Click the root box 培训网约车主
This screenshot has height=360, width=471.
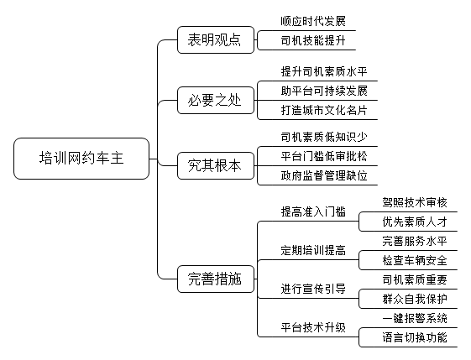click(x=81, y=159)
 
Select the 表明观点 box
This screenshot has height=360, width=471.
click(x=216, y=40)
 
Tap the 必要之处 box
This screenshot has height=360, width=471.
click(x=216, y=101)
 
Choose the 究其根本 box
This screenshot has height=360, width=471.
click(x=216, y=166)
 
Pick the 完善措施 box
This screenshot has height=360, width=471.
click(x=216, y=279)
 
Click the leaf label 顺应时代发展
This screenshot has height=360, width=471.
click(x=313, y=21)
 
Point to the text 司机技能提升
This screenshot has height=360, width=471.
click(x=313, y=40)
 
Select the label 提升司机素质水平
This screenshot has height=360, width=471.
click(x=324, y=71)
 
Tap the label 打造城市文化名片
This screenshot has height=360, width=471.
click(x=324, y=110)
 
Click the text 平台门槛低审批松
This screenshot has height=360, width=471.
click(x=324, y=156)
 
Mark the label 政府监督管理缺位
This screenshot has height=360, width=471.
click(x=324, y=175)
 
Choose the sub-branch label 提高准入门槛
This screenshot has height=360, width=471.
click(x=313, y=211)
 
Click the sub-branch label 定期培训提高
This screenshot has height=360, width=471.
click(x=313, y=250)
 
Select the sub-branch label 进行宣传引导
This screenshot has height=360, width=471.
click(x=313, y=289)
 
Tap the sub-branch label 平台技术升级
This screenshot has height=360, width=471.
click(x=313, y=327)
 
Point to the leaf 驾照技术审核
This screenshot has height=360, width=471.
click(x=415, y=202)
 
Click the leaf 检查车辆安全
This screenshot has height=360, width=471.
click(x=415, y=260)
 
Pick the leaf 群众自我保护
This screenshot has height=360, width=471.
click(x=415, y=299)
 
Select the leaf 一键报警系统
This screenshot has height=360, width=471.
click(x=415, y=318)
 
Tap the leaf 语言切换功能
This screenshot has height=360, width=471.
click(x=415, y=337)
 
